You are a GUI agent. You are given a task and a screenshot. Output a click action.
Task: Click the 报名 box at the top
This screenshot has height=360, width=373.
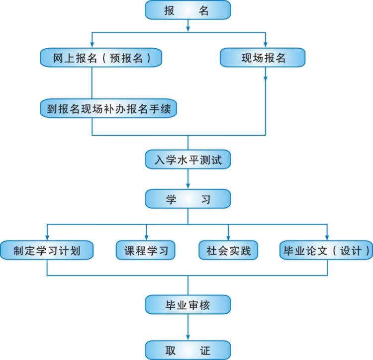[188, 9]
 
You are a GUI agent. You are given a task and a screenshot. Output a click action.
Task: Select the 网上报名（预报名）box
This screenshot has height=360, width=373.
[101, 58]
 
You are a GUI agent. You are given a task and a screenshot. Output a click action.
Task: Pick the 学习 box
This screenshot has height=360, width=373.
[188, 199]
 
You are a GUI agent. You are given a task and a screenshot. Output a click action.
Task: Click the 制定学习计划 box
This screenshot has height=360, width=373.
[47, 250]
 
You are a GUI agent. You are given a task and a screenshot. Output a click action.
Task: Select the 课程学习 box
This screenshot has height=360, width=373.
[146, 250]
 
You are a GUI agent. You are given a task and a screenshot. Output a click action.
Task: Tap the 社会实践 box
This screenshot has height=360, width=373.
[228, 250]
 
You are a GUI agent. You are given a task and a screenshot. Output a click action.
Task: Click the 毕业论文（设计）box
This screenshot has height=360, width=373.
[326, 250]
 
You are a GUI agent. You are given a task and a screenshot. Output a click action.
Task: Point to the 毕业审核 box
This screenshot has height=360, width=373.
[188, 304]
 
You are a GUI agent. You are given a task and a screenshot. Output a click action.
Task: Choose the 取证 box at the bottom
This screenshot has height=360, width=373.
[188, 350]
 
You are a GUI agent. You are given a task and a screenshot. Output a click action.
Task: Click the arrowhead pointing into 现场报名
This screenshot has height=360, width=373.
[266, 45]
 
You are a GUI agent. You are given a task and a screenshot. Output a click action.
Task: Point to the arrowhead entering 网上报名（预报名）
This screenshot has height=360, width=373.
[92, 45]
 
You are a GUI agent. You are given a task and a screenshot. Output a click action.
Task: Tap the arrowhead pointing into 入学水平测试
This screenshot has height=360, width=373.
[188, 146]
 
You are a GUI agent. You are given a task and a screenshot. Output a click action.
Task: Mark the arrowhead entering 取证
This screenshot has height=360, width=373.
[188, 337]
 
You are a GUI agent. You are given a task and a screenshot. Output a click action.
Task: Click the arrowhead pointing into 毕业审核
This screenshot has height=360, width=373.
[188, 292]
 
